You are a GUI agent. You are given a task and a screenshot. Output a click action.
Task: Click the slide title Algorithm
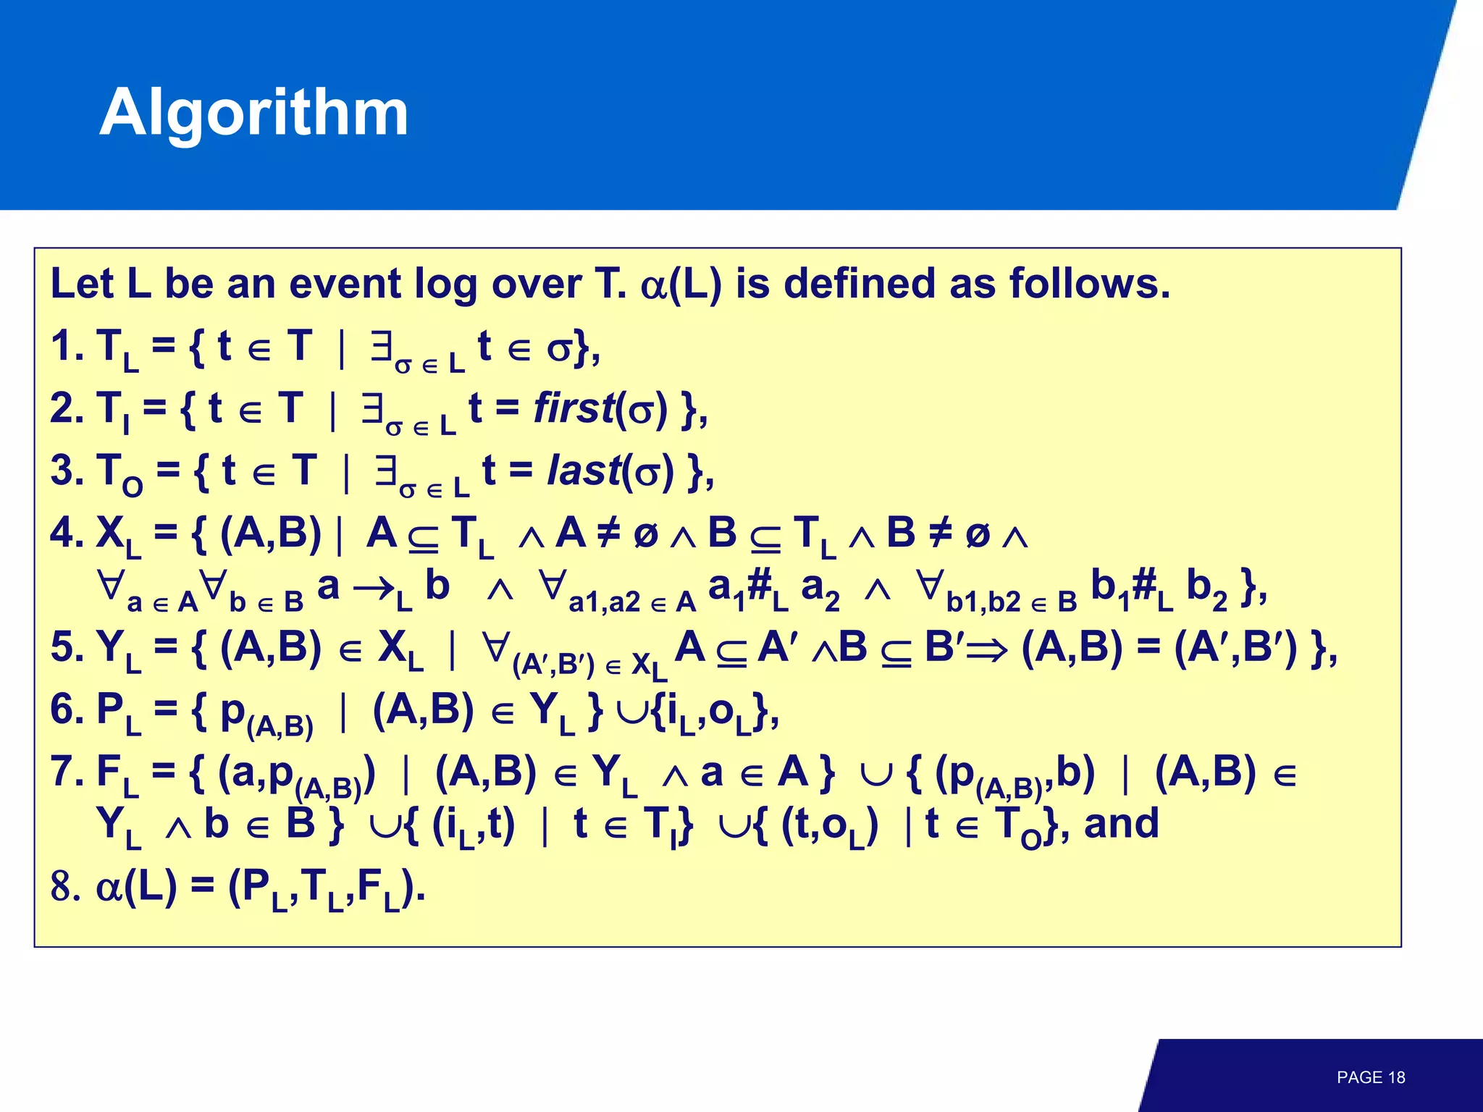[x=254, y=113]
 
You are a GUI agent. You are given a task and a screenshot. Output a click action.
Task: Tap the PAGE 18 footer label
[x=1371, y=1077]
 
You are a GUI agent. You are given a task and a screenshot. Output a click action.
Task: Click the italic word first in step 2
[x=573, y=408]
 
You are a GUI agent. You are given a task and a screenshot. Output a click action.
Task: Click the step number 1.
[x=64, y=346]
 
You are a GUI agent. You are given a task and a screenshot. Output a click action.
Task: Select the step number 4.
[x=64, y=534]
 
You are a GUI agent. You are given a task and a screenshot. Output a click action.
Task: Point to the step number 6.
[x=64, y=709]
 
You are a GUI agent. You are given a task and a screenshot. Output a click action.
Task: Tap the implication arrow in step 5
[x=986, y=650]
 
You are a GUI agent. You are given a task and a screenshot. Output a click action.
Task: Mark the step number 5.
[x=64, y=647]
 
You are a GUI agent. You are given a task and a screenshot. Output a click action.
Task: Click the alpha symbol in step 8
[x=109, y=888]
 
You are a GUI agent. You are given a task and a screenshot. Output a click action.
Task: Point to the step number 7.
[x=64, y=771]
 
